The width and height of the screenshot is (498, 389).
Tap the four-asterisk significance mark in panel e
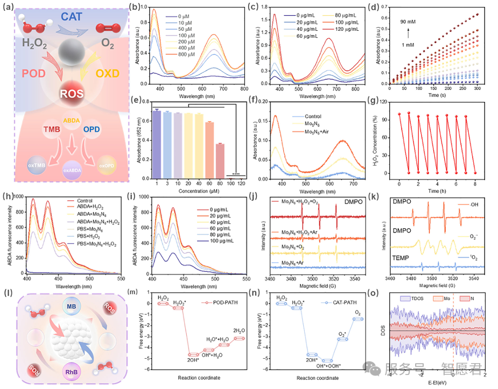point(236,174)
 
